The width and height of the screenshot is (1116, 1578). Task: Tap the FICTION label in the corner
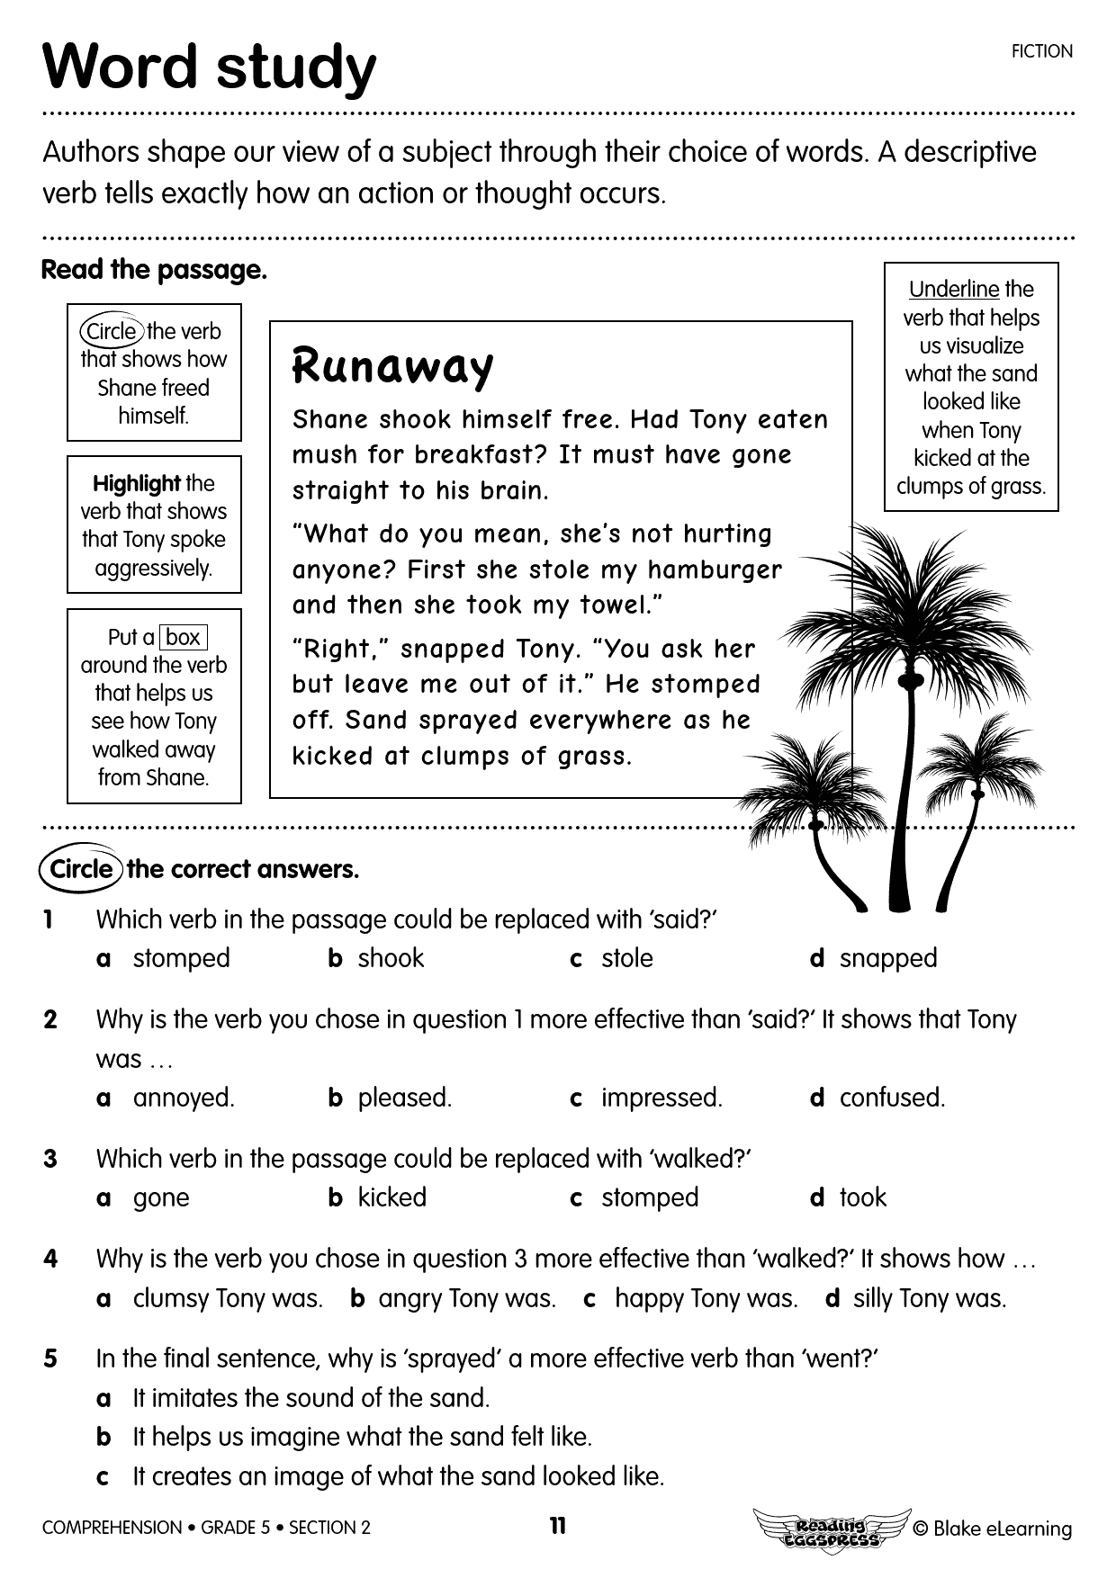tap(1041, 51)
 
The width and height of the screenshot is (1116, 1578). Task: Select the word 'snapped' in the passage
tap(453, 649)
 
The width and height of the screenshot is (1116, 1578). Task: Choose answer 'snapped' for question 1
tap(887, 958)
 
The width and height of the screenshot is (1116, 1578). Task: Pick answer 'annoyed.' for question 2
tap(183, 1098)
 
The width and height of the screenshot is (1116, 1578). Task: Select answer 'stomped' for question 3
tap(649, 1197)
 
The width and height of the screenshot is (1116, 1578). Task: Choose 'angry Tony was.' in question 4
tap(466, 1298)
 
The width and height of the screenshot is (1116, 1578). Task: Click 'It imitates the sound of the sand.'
tap(310, 1398)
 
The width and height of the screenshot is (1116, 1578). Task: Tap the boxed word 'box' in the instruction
tap(183, 637)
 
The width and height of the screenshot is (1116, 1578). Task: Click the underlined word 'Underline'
tap(953, 289)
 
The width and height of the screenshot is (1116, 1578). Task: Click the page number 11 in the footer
tap(558, 1526)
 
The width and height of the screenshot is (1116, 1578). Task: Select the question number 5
tap(50, 1358)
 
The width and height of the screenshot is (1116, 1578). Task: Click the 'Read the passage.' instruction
tap(154, 270)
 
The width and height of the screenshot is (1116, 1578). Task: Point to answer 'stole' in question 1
tap(626, 958)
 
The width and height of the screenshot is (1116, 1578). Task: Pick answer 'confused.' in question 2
tap(891, 1098)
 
